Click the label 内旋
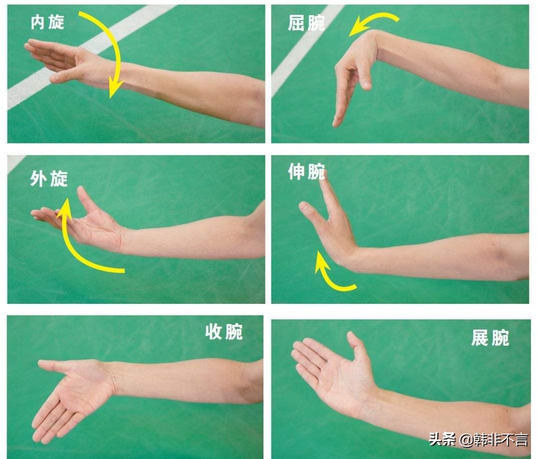(48, 22)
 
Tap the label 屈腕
(306, 23)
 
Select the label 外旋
(49, 179)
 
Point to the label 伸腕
(306, 172)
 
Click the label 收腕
(224, 331)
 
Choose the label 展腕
(490, 338)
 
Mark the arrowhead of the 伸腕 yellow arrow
(319, 261)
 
